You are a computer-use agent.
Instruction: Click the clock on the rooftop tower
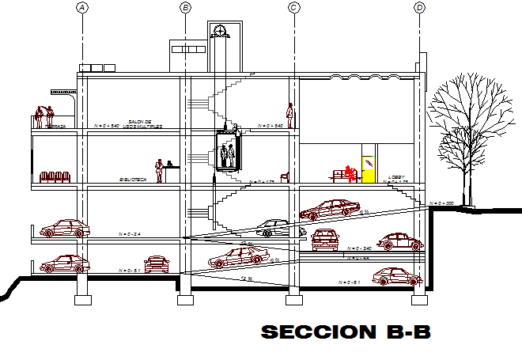219,31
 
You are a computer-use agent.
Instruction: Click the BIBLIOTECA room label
132,180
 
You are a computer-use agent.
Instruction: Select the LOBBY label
396,176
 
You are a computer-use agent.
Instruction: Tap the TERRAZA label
55,126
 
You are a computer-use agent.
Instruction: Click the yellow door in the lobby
368,169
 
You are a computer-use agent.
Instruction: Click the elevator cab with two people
228,153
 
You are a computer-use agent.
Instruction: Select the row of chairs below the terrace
55,177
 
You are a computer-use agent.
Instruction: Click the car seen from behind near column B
157,263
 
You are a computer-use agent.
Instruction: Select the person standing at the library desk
159,171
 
